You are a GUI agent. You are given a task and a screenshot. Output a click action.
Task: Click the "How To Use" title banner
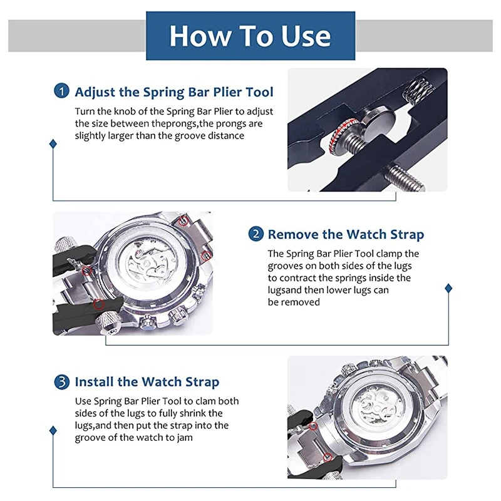tap(250, 36)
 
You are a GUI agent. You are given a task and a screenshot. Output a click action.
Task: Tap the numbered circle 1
tap(61, 91)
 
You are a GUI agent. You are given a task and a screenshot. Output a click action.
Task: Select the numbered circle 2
tap(256, 234)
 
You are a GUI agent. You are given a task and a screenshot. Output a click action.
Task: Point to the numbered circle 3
tap(61, 381)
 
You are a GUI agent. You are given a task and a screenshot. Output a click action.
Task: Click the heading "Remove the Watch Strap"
tap(346, 235)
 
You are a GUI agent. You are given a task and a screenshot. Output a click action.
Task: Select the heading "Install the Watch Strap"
tap(147, 382)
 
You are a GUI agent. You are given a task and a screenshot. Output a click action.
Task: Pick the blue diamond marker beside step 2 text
tap(448, 288)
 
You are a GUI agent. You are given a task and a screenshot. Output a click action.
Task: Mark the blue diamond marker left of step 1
tap(53, 143)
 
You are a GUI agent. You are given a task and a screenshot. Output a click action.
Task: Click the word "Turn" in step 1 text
tap(85, 111)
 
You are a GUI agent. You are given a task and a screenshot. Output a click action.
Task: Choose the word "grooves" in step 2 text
tap(286, 266)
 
